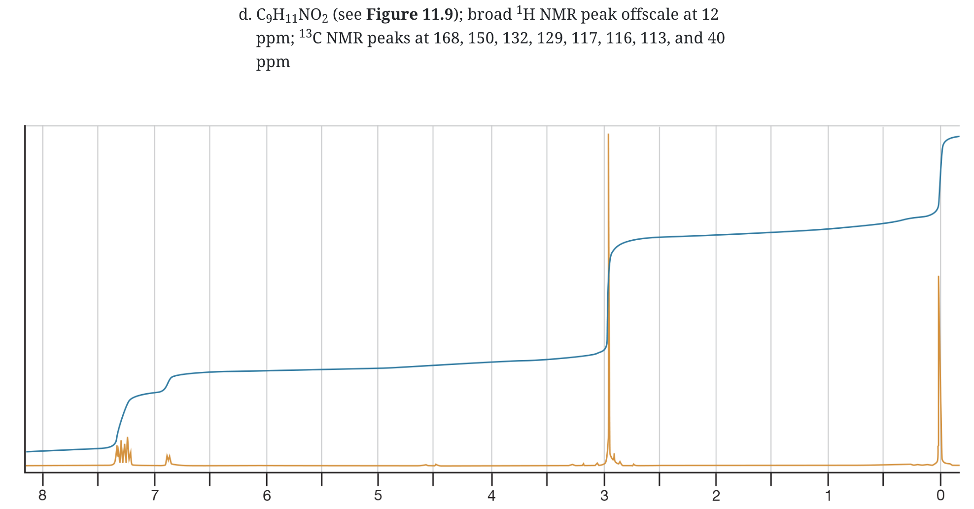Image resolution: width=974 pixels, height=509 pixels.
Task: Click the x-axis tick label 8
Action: (42, 496)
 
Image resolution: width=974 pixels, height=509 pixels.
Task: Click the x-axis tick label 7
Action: (155, 496)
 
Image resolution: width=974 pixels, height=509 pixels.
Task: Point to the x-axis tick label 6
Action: (267, 496)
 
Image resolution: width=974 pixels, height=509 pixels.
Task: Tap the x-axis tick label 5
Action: (378, 496)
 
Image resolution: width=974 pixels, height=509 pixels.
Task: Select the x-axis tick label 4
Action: (491, 496)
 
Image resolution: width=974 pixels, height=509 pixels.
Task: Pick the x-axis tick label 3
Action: (604, 496)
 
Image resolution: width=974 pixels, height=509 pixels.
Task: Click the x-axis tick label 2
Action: (716, 496)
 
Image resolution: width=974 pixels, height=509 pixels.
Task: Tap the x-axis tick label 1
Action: (828, 496)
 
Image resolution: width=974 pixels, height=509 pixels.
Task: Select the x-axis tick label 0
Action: (940, 496)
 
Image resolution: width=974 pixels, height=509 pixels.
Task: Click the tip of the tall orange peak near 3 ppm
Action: (608, 135)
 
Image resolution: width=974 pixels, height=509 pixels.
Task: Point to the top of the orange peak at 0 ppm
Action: (939, 277)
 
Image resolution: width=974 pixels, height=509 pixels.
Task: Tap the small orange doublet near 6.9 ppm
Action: (169, 459)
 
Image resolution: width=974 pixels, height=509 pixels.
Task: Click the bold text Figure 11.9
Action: (409, 14)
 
